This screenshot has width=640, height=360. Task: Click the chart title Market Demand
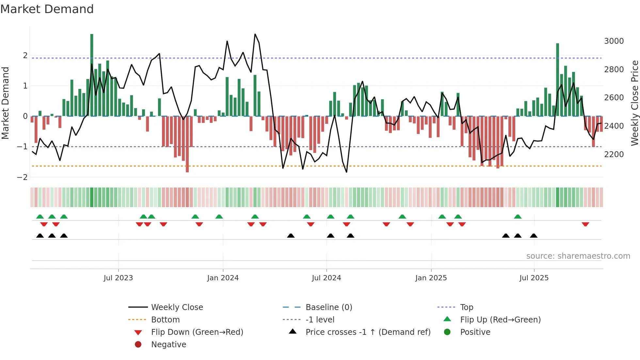(47, 9)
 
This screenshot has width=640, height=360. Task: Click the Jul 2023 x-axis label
(118, 278)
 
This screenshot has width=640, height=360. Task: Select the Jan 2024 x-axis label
(223, 278)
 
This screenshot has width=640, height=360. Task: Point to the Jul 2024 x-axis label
(326, 278)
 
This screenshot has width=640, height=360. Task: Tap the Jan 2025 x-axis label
(431, 278)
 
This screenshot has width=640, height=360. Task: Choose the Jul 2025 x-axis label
(534, 278)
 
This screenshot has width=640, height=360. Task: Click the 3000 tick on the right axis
(614, 41)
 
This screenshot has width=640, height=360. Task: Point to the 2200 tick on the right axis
(614, 155)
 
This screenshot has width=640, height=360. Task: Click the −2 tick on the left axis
(23, 177)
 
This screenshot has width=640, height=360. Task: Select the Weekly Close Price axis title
(634, 103)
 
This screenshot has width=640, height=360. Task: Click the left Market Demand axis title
(5, 103)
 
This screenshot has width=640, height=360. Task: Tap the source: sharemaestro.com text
(578, 256)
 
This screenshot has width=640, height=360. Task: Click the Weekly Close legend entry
(177, 307)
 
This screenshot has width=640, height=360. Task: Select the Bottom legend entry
(165, 320)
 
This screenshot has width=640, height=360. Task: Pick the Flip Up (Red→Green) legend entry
(500, 320)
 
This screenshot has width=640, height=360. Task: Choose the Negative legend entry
(168, 345)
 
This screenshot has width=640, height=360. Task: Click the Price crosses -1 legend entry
(368, 332)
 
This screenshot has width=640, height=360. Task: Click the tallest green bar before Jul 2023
(92, 75)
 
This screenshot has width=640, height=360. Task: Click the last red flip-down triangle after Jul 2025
(585, 224)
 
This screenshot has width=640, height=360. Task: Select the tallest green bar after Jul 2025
(558, 80)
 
